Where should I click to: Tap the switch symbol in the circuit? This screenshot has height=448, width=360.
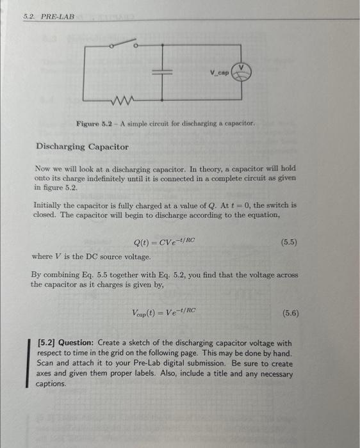tap(122, 45)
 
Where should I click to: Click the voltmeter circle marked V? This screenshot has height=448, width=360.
tap(242, 72)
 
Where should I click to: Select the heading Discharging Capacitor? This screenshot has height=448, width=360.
tap(82, 147)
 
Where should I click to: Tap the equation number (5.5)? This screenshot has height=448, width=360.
tap(290, 243)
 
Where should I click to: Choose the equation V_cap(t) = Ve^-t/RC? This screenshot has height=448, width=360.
tap(164, 313)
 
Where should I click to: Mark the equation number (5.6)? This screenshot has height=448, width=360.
tap(290, 314)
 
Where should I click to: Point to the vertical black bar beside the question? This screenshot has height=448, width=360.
tap(27, 363)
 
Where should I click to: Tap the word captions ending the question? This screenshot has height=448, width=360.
tap(51, 384)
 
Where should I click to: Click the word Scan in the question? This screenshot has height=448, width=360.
tap(47, 364)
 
